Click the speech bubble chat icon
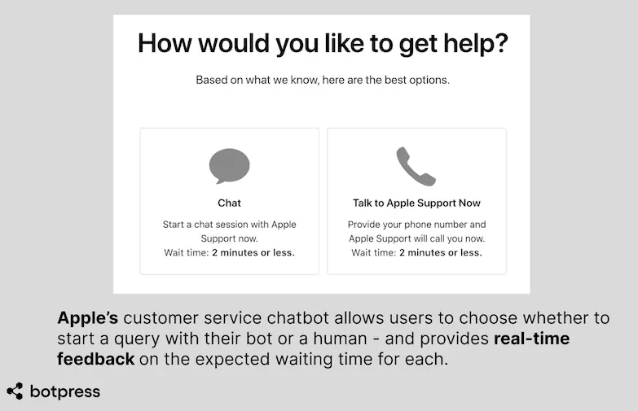point(229,166)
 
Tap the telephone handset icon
point(416,167)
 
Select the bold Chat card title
point(229,203)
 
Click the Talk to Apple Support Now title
point(416,203)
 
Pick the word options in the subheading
point(429,81)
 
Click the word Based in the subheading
point(213,81)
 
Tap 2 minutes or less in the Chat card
point(253,252)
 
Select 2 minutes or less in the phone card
point(440,252)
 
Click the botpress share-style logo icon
point(15,391)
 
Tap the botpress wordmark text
point(64,391)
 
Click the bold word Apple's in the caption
point(87,318)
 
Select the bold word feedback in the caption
point(95,359)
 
